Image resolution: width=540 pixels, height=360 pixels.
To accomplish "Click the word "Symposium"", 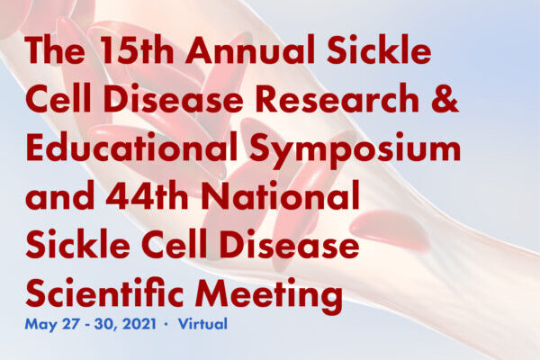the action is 355,150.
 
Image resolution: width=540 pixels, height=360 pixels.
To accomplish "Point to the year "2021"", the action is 139,324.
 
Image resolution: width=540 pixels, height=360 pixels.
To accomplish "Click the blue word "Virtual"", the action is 202,324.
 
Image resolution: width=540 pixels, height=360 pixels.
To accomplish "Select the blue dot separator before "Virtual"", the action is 166,325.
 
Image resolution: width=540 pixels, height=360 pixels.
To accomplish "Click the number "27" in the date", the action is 71,324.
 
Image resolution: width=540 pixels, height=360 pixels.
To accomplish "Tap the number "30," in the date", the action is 106,325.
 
